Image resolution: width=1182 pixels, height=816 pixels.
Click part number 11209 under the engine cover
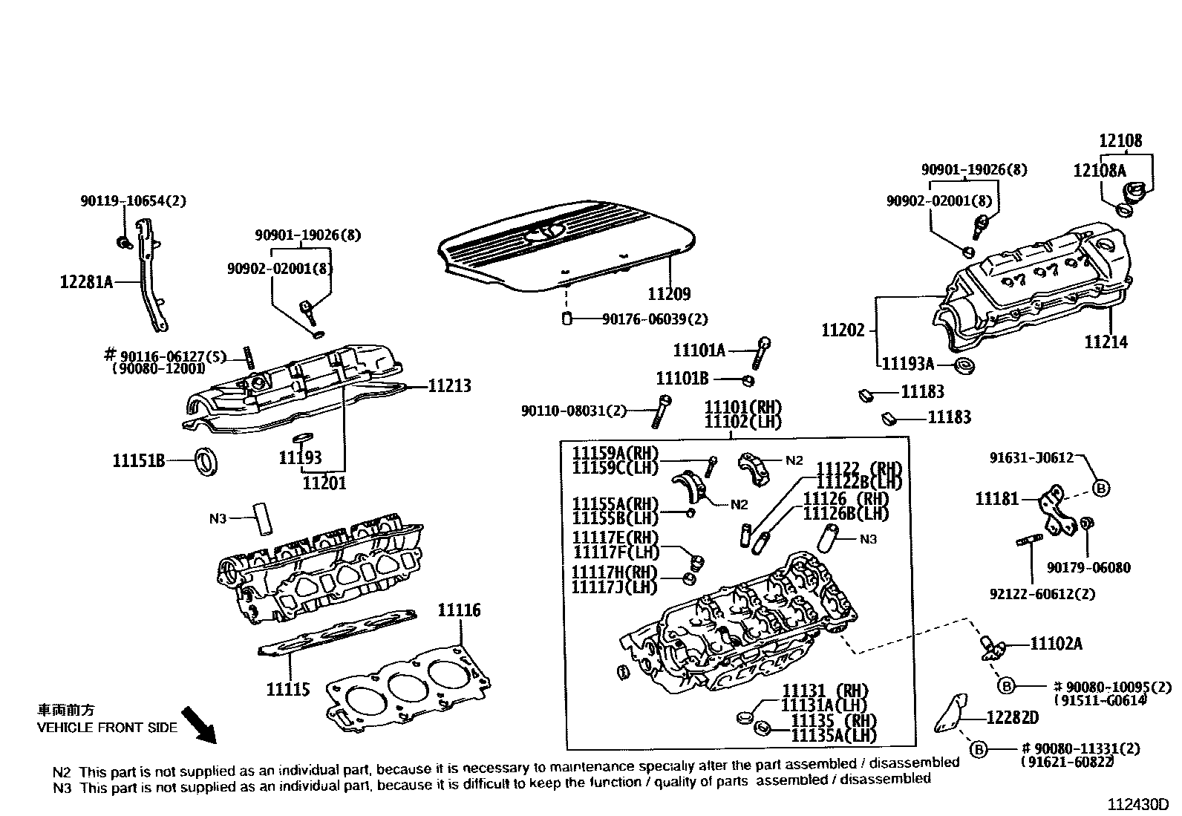click(x=669, y=294)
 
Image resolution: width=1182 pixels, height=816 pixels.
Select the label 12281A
click(x=86, y=282)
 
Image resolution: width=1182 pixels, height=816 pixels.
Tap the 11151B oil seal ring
click(x=207, y=460)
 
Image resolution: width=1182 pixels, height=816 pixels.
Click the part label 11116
click(x=459, y=610)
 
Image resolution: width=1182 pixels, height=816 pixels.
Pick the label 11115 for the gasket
click(x=288, y=690)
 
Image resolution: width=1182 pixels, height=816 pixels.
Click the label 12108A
click(x=1099, y=171)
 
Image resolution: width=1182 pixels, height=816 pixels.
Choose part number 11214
click(x=1106, y=342)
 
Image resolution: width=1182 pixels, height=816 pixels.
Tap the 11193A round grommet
click(x=964, y=365)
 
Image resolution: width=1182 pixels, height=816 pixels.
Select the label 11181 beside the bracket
click(x=997, y=499)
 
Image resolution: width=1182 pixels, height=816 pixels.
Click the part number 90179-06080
click(x=1088, y=568)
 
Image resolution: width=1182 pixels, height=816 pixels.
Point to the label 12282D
click(x=1012, y=718)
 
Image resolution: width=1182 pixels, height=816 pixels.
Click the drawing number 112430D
click(x=1138, y=805)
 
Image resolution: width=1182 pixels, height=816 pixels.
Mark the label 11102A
click(x=1056, y=644)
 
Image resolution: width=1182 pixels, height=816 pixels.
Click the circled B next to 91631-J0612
click(x=1102, y=488)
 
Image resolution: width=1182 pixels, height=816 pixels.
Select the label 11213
click(x=449, y=386)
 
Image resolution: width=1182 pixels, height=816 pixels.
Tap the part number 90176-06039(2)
click(x=655, y=319)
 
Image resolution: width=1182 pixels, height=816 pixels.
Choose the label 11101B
click(x=682, y=379)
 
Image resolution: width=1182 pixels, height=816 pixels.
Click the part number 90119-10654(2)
click(x=133, y=201)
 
